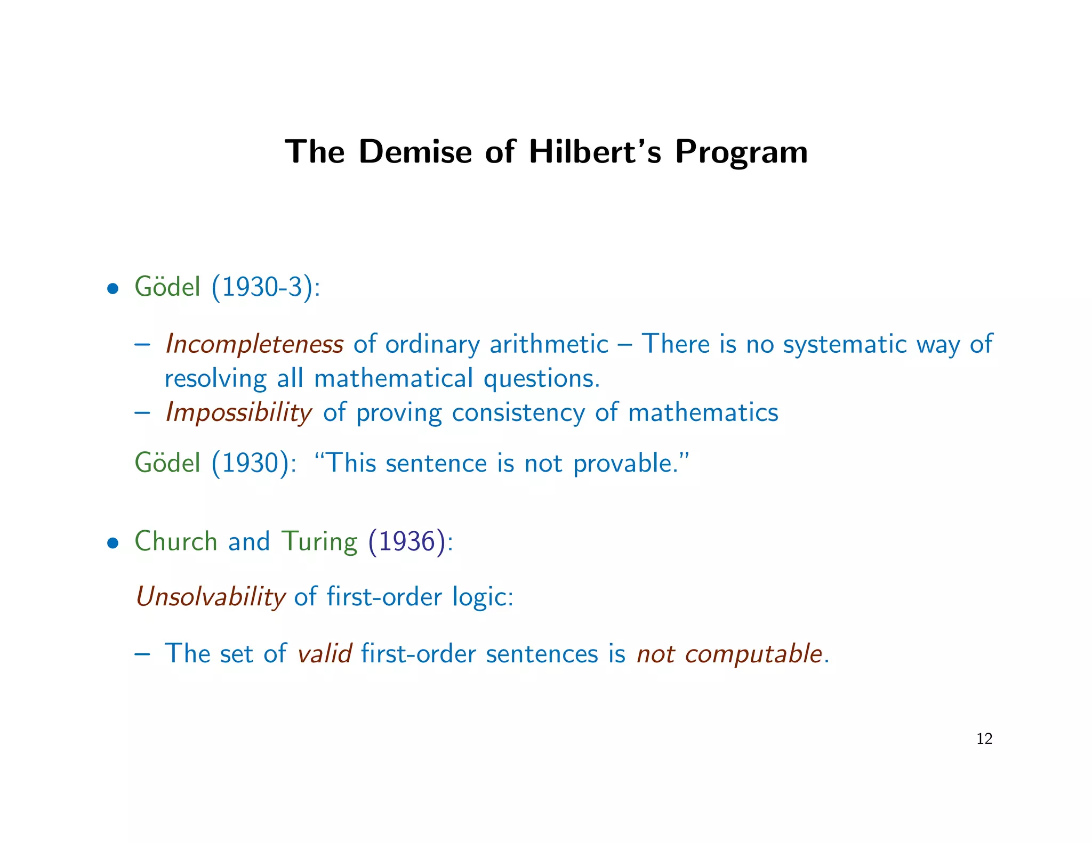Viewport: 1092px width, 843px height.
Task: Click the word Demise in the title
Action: [415, 152]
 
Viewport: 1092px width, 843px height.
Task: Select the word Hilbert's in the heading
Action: [595, 152]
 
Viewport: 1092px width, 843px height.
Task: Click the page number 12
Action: [984, 739]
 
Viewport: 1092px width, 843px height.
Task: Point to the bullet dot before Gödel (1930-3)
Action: [112, 289]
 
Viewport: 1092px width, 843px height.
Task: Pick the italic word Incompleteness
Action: [254, 344]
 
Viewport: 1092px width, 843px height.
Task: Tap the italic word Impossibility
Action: [238, 412]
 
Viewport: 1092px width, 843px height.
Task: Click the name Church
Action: [176, 541]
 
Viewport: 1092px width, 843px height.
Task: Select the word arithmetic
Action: [549, 344]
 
